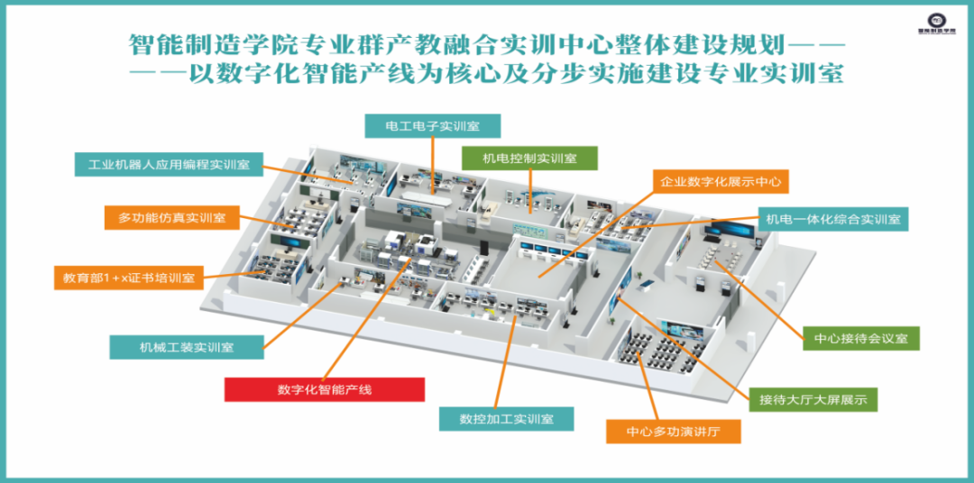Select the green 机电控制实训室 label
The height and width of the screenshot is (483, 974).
(x=529, y=158)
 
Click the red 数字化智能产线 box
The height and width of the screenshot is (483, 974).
(x=325, y=389)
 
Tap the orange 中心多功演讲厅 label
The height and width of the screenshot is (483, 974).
(x=673, y=433)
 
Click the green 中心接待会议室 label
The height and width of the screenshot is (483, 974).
(x=860, y=338)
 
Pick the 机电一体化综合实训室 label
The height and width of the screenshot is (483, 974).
(x=832, y=218)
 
